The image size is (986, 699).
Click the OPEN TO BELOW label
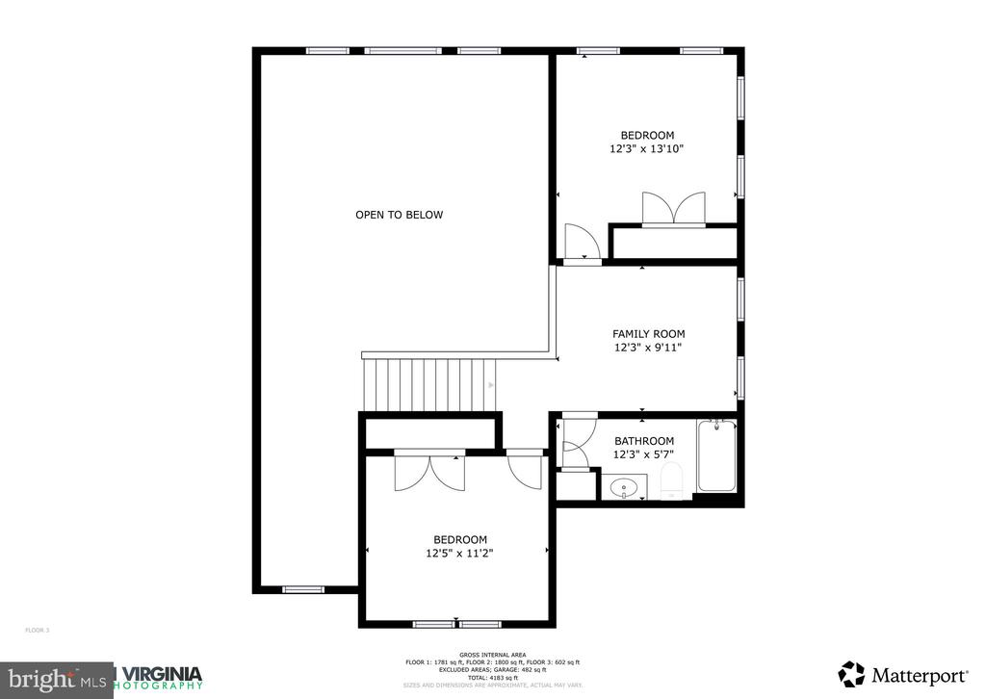point(399,215)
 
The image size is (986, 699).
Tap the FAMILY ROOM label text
point(648,334)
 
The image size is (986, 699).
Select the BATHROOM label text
point(644,441)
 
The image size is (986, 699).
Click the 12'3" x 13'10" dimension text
point(647,149)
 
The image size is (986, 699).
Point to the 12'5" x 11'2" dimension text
point(459,553)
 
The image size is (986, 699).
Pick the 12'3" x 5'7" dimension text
point(644,453)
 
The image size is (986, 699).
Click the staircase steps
point(428,383)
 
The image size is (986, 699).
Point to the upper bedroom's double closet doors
point(673,208)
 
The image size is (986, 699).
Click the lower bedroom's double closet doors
point(429,470)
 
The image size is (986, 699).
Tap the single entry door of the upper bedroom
point(582,243)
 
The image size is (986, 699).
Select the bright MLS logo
point(56,679)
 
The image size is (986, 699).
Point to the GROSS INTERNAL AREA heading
point(492,655)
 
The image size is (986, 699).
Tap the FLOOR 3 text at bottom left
point(37,630)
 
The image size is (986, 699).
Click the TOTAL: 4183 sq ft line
point(492,678)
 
